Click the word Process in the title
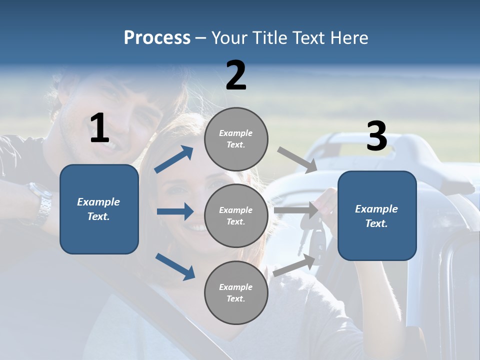[157, 38]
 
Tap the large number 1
[99, 128]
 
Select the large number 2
[236, 75]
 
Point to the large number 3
[377, 136]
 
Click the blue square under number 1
[99, 209]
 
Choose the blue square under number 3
[377, 215]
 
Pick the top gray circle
[236, 139]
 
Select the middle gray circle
[236, 215]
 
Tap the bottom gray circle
[236, 292]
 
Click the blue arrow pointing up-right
[174, 159]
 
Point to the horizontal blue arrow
[175, 211]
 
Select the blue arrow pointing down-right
[175, 266]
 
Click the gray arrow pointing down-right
[297, 160]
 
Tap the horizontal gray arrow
[296, 210]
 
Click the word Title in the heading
[270, 38]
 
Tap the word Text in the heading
[308, 38]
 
